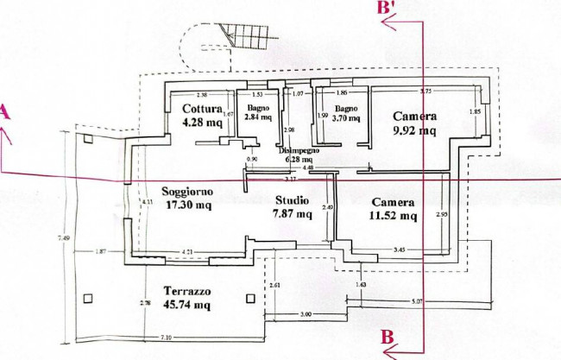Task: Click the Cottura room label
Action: [202, 109]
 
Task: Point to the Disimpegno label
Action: [299, 150]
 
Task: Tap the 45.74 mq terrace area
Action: [187, 306]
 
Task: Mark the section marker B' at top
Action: [387, 8]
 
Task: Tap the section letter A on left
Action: [5, 112]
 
